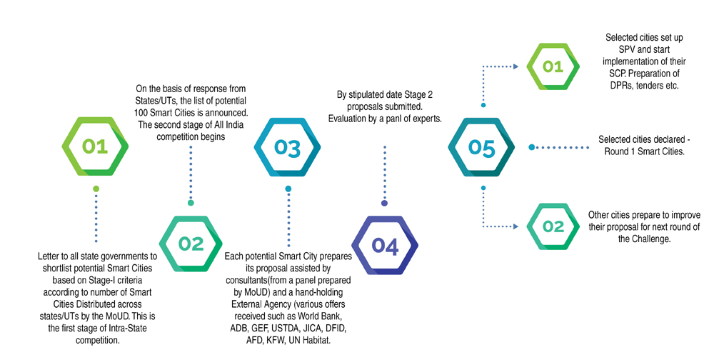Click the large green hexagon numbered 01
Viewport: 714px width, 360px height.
click(x=94, y=146)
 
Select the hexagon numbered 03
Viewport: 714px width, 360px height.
click(x=288, y=146)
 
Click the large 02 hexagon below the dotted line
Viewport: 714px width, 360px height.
click(x=191, y=244)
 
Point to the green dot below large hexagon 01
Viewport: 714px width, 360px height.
click(x=95, y=189)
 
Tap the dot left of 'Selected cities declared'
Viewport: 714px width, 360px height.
click(x=531, y=147)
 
